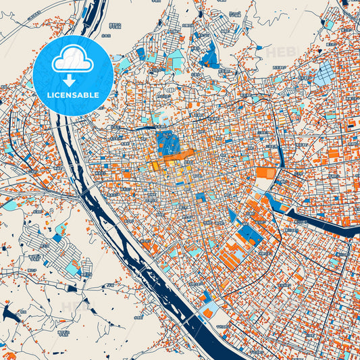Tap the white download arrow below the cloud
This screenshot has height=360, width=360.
click(x=72, y=80)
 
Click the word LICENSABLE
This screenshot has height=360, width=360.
click(x=72, y=95)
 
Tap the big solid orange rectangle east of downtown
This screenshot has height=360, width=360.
click(x=265, y=173)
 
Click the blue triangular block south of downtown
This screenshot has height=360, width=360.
click(x=233, y=215)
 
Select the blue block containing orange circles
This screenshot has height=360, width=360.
click(x=251, y=234)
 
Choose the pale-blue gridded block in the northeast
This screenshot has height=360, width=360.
click(x=324, y=74)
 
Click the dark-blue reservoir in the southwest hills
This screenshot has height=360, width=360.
click(x=9, y=312)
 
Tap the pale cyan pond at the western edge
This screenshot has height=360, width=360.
click(x=9, y=205)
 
